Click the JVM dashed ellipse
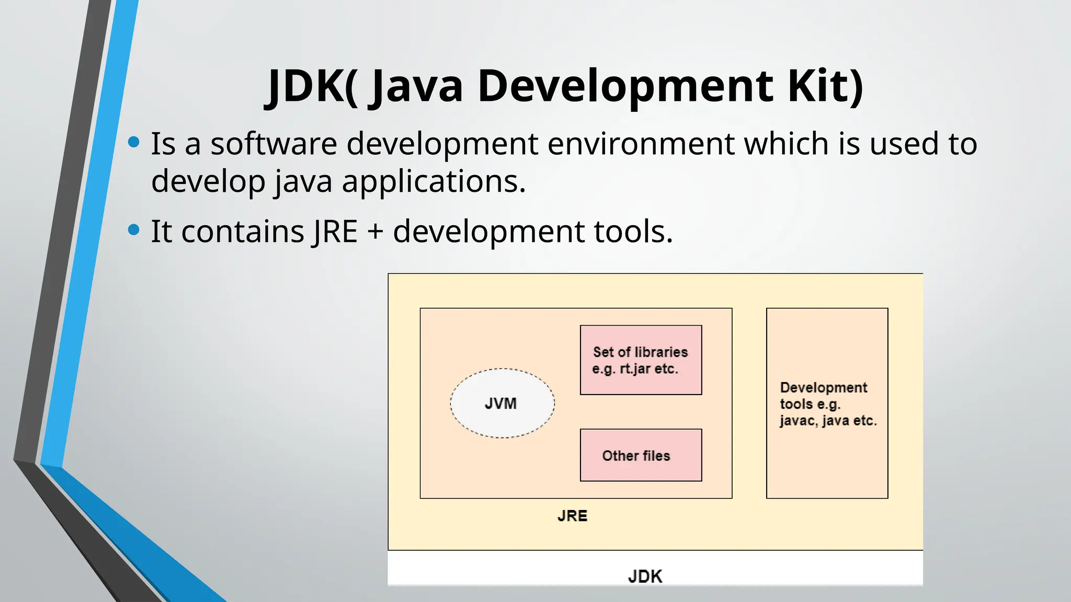tap(502, 403)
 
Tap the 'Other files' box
tap(641, 455)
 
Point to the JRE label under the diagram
tap(572, 516)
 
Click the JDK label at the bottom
tap(645, 576)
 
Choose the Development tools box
tap(827, 403)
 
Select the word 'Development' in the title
tap(625, 86)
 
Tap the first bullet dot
tap(134, 142)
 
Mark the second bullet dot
tap(134, 229)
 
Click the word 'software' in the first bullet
tap(274, 144)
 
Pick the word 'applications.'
tap(434, 181)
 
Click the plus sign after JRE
tap(375, 231)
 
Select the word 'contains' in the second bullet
tap(243, 231)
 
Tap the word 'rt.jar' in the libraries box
tap(635, 369)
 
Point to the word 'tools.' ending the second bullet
tap(633, 231)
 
